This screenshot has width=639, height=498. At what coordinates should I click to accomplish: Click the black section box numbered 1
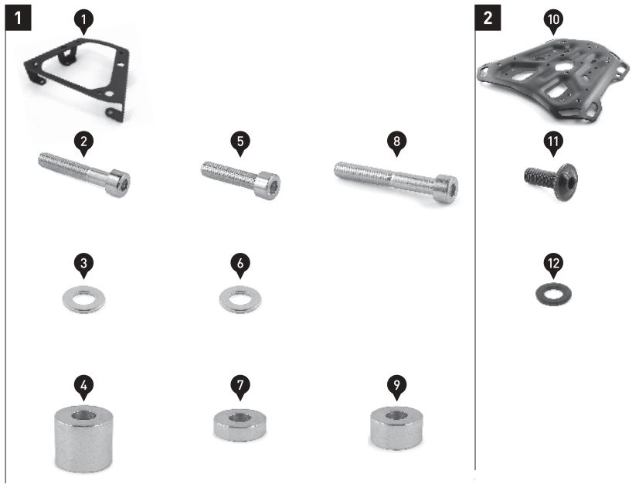tap(18, 18)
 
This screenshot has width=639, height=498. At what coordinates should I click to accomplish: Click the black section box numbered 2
tap(488, 18)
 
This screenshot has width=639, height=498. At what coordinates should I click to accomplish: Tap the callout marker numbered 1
tap(84, 21)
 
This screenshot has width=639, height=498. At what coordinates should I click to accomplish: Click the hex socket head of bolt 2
tap(119, 182)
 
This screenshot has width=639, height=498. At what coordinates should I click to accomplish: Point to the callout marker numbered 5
tap(240, 144)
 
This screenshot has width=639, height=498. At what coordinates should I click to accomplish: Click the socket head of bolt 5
tap(268, 186)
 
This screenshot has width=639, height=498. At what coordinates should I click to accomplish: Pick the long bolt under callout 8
tap(396, 180)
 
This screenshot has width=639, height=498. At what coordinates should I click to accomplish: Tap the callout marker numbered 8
tap(396, 144)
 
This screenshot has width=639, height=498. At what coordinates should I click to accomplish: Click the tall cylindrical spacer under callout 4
tap(83, 438)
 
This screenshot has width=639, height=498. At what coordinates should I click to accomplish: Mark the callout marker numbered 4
tap(84, 387)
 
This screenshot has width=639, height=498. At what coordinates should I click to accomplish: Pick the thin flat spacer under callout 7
tap(240, 425)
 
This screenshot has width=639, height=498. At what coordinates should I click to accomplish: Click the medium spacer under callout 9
tap(396, 428)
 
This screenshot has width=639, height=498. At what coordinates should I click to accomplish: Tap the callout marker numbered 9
tap(396, 387)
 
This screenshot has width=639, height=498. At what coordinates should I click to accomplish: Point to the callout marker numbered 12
tap(553, 265)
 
